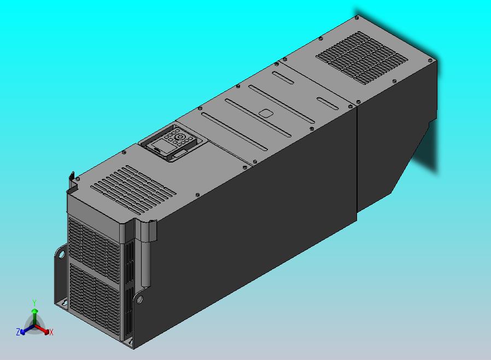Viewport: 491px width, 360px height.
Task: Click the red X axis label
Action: pos(51,332)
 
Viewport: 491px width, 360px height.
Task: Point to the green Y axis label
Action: pos(34,303)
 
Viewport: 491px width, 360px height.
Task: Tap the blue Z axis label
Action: pos(18,332)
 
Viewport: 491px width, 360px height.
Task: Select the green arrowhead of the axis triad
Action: pos(35,311)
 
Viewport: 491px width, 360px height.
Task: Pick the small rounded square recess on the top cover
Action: pos(266,113)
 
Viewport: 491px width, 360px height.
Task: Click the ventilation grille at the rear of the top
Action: pos(362,57)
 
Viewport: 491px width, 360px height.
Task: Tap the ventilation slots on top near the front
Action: pos(133,189)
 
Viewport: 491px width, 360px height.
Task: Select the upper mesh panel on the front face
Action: pos(94,246)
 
